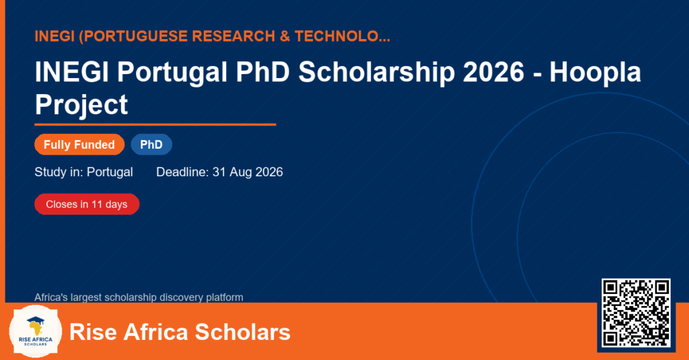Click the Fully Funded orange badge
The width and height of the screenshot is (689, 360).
(79, 145)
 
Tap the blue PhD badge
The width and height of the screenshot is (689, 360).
(151, 145)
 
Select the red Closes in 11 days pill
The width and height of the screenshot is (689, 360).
(87, 205)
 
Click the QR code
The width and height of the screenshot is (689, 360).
(636, 313)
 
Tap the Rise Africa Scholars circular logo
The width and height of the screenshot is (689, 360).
(36, 332)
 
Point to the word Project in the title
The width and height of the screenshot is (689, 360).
(81, 105)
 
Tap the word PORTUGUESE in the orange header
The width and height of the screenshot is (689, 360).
(135, 36)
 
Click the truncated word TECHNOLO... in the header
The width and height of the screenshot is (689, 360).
(342, 36)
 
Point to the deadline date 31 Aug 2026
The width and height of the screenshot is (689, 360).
(248, 172)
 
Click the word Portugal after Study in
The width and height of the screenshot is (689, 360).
(110, 172)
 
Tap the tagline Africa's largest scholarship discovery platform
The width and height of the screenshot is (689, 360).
(139, 297)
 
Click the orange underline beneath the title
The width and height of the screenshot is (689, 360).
(155, 125)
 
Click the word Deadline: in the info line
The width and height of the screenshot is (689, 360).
(182, 172)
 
